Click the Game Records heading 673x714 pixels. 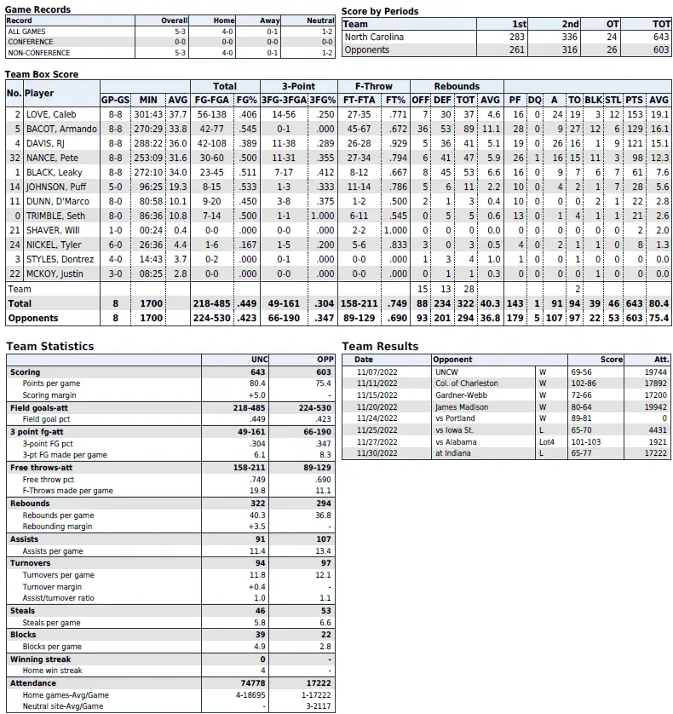(x=37, y=9)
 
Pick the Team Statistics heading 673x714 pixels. (x=50, y=347)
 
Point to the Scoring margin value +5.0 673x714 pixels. (x=256, y=395)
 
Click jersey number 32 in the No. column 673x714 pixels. (x=14, y=158)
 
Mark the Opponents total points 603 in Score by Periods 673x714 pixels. (x=661, y=50)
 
